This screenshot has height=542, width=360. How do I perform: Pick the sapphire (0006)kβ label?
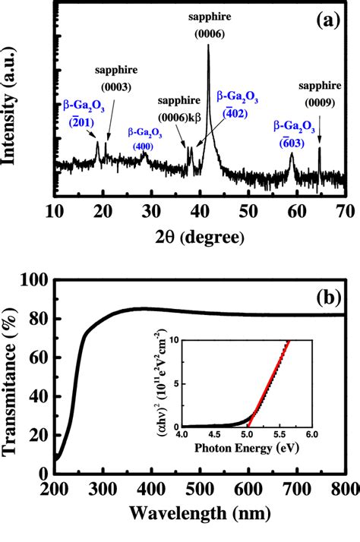tap(180, 109)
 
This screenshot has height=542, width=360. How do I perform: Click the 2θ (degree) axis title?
tap(200, 237)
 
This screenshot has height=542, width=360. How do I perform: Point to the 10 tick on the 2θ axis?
tap(54, 210)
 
